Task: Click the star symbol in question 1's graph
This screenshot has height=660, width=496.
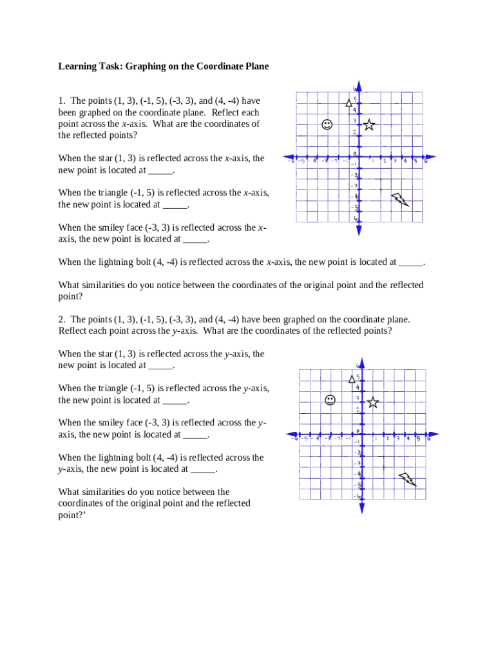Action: coord(369,125)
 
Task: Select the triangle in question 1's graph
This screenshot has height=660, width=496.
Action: coord(349,102)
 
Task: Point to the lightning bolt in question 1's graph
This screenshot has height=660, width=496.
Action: coord(400,200)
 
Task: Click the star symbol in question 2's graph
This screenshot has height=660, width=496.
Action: coord(373,402)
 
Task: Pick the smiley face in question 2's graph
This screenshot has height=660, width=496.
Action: coord(330,400)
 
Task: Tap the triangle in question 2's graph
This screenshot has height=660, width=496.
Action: coord(352,379)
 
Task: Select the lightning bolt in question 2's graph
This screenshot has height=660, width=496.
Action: coord(407,479)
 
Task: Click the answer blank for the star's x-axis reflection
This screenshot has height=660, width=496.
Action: coord(161,171)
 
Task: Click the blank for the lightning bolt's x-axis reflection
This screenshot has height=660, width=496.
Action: coord(411,262)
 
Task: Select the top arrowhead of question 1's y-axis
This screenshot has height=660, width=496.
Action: coord(358,85)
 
